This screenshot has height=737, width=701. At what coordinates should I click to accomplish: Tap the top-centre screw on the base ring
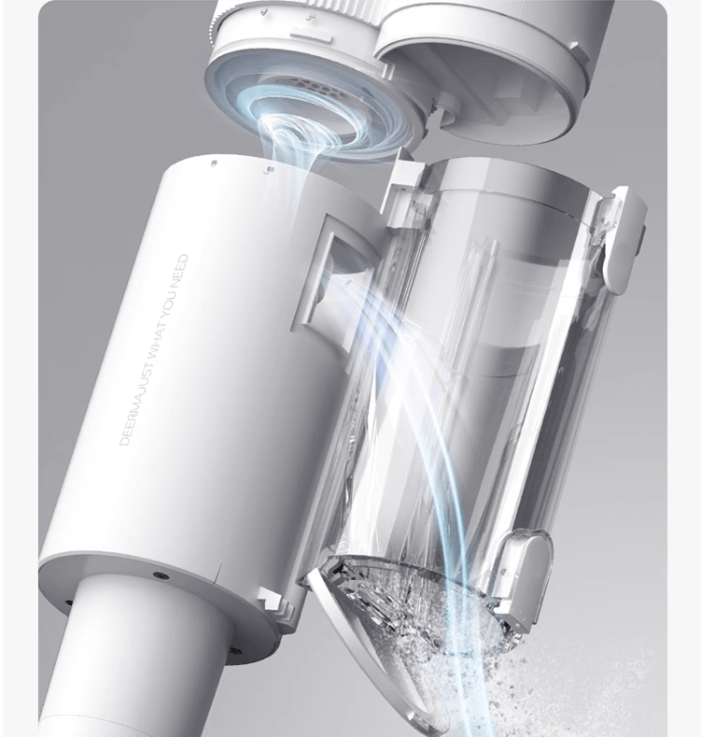click(159, 575)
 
